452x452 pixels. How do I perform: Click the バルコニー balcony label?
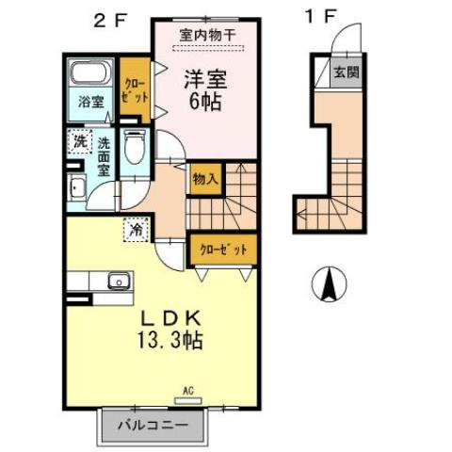152,426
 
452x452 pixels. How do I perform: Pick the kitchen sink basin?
119,280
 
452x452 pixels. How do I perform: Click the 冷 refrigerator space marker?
135,227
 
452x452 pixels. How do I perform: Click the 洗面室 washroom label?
104,156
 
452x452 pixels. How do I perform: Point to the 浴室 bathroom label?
89,102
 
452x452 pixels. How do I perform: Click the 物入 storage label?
204,177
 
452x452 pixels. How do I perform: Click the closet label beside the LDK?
222,250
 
